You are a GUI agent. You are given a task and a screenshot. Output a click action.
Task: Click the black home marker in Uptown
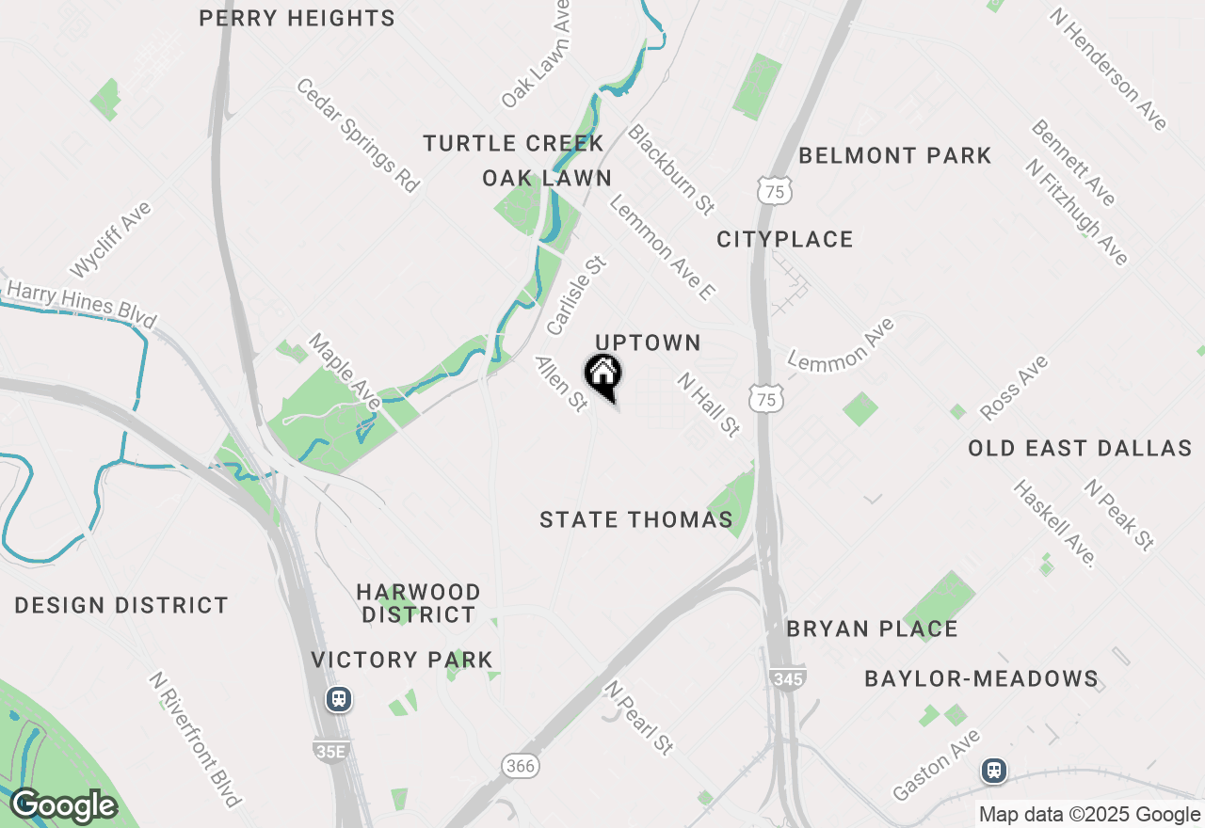click(x=602, y=374)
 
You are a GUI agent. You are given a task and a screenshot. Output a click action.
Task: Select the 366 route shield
click(x=520, y=766)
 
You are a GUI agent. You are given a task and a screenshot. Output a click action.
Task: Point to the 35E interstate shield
click(x=329, y=749)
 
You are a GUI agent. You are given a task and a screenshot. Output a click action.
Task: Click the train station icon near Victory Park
click(x=338, y=699)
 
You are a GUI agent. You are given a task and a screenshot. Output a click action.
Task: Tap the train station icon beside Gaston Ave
click(x=993, y=771)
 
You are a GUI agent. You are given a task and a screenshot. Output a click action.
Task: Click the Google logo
click(x=63, y=805)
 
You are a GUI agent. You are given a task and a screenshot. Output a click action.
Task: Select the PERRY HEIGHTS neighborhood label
click(x=297, y=18)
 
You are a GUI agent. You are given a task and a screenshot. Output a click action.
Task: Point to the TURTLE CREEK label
click(x=513, y=143)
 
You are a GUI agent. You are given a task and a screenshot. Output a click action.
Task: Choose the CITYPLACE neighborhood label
click(x=785, y=239)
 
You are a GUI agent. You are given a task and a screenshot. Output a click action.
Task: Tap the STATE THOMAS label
click(x=636, y=519)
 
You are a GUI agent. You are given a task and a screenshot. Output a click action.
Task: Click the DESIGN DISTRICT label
click(x=121, y=605)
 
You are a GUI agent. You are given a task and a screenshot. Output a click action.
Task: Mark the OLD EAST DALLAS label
click(x=1080, y=448)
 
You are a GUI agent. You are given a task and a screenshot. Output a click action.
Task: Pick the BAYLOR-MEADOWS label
click(x=981, y=678)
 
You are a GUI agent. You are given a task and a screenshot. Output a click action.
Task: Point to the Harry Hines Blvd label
click(x=80, y=303)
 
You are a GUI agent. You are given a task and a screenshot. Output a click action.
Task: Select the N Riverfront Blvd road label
click(x=196, y=739)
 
